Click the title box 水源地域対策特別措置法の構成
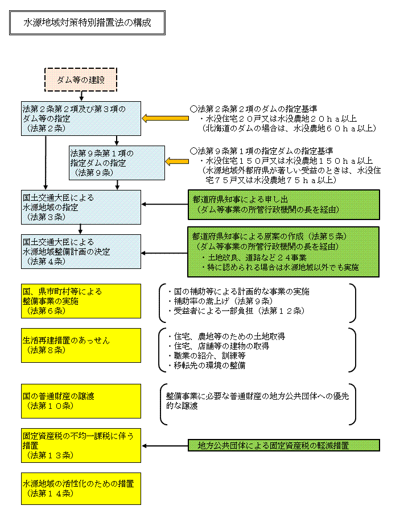(x=87, y=23)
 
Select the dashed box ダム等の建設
(x=81, y=80)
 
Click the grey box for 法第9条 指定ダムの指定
(x=116, y=163)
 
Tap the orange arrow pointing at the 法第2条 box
(x=159, y=118)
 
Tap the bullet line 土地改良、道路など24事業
(x=254, y=257)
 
